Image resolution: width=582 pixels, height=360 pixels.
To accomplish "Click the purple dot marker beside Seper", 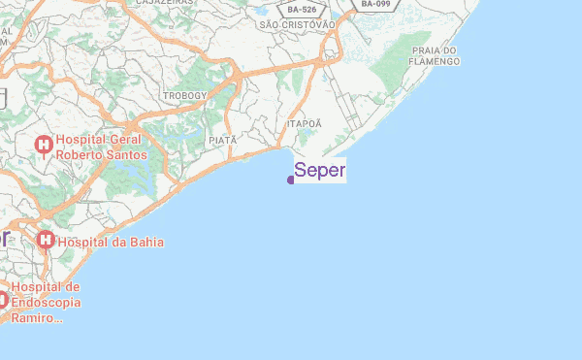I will pyautogui.click(x=291, y=180).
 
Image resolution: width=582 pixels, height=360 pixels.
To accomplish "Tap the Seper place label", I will pyautogui.click(x=319, y=171).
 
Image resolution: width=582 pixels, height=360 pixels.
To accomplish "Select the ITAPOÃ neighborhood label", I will pyautogui.click(x=304, y=124).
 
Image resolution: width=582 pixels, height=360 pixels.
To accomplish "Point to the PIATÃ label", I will pyautogui.click(x=222, y=141).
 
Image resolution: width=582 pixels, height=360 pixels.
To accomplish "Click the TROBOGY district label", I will pyautogui.click(x=184, y=96).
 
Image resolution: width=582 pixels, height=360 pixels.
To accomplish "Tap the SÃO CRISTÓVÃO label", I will pyautogui.click(x=297, y=24).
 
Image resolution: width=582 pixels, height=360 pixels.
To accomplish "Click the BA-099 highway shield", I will pyautogui.click(x=375, y=5).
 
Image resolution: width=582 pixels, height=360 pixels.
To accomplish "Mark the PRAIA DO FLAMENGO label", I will pyautogui.click(x=435, y=55).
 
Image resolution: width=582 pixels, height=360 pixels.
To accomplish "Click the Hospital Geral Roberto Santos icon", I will pyautogui.click(x=43, y=145).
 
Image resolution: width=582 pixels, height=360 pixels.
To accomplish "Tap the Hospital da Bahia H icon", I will pyautogui.click(x=45, y=240).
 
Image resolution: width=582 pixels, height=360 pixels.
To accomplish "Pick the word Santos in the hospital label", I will pyautogui.click(x=126, y=154).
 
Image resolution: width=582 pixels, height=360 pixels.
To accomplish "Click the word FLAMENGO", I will pyautogui.click(x=435, y=61).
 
